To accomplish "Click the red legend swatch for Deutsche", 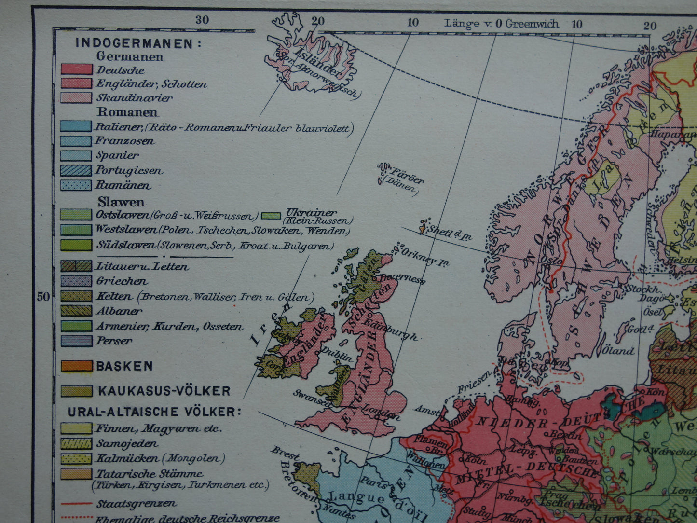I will click(x=76, y=69).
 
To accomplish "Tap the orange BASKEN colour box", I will click(x=76, y=366).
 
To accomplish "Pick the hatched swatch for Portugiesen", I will click(x=76, y=170).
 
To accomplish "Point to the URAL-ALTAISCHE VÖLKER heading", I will click(x=154, y=412).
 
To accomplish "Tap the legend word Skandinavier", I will click(x=134, y=97).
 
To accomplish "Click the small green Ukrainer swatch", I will click(x=271, y=215).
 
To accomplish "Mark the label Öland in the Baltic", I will click(x=618, y=350).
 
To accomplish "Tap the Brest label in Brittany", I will click(x=284, y=453).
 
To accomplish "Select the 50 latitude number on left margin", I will click(x=43, y=296).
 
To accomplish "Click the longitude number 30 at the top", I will click(x=202, y=20).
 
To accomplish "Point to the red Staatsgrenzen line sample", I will click(x=76, y=503).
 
